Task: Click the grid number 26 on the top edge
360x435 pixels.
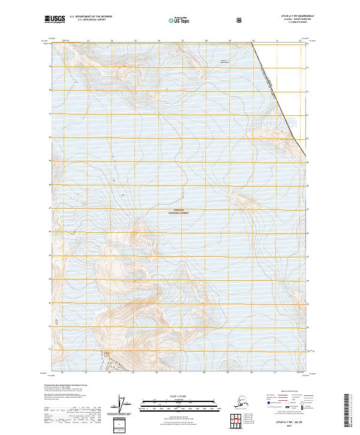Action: (159, 41)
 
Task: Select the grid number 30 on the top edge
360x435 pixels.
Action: (253, 41)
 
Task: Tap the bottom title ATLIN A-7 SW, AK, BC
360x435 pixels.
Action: (287, 422)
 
